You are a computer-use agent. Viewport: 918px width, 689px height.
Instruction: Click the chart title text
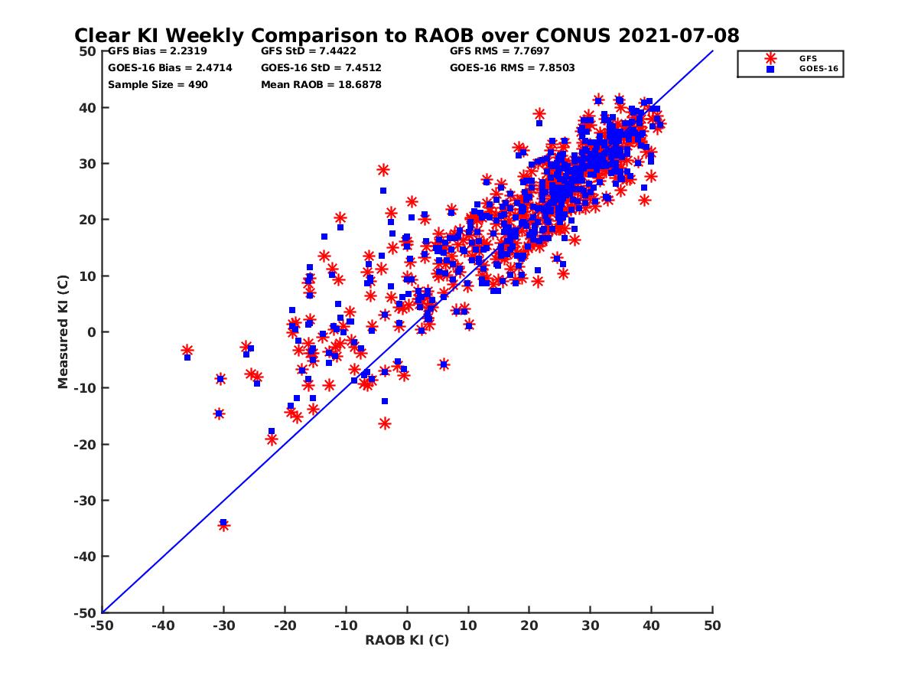tap(406, 36)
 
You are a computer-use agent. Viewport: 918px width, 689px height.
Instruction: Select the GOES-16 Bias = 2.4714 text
tap(170, 68)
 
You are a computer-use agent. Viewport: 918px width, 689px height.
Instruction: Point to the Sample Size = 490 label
tap(158, 85)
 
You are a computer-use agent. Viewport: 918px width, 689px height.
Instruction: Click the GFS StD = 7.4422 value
tap(308, 51)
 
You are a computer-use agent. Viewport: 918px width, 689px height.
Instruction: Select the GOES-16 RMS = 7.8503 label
tap(513, 68)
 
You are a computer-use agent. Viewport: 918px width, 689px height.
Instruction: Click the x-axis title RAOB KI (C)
tap(407, 640)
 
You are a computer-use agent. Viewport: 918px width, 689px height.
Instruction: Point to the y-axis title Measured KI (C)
tap(63, 332)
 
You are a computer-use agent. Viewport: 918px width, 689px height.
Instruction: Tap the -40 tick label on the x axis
tap(162, 625)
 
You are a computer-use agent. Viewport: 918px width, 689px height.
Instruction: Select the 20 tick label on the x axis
tap(529, 625)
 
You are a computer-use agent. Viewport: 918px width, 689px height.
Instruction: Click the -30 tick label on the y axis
tap(86, 501)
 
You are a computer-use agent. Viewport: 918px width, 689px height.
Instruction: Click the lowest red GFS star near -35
tap(224, 525)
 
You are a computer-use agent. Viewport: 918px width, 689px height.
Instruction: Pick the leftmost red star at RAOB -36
tap(187, 350)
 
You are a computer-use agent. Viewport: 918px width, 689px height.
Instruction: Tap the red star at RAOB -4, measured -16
tap(385, 423)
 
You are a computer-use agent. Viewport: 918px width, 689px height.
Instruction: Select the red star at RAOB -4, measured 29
tap(383, 170)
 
